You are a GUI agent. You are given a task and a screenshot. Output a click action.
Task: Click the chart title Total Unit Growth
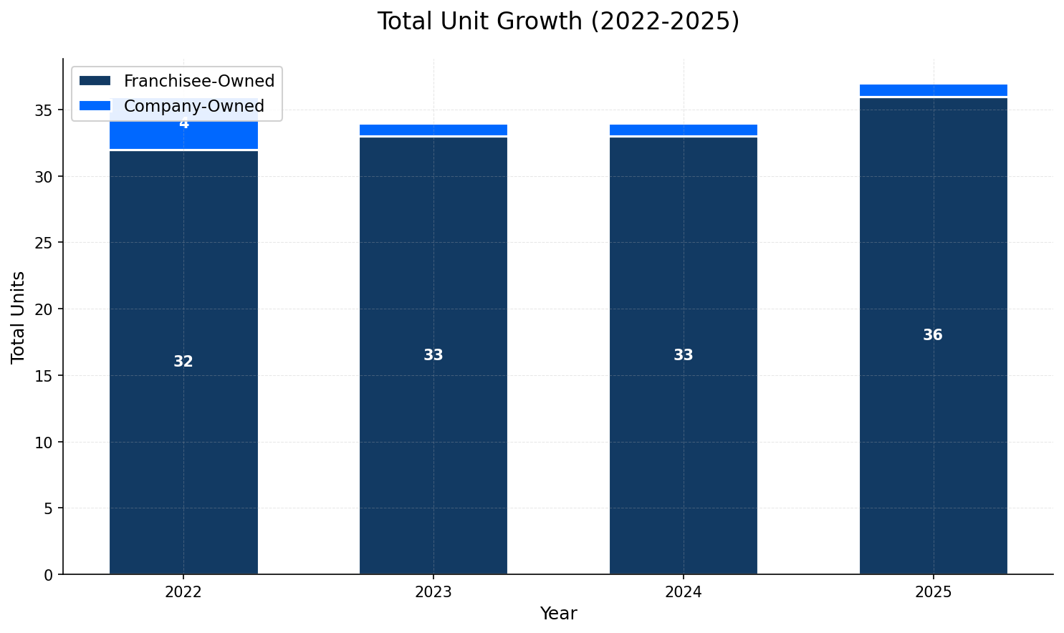(x=558, y=21)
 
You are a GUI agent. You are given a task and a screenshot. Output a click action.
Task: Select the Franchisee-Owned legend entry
(x=198, y=82)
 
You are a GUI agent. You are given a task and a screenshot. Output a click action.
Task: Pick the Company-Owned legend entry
(x=193, y=107)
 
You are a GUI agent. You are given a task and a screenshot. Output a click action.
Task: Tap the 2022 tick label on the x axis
(x=183, y=593)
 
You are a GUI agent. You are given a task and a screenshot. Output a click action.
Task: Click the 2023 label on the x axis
(x=433, y=593)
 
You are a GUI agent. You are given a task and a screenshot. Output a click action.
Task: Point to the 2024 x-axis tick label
(x=683, y=593)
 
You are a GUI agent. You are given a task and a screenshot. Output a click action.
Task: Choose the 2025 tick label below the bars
(x=933, y=593)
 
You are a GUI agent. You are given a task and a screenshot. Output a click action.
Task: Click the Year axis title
(x=558, y=614)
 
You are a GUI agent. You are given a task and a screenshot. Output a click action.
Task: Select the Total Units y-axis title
(x=19, y=316)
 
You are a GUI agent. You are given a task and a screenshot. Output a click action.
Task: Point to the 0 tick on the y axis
(x=48, y=575)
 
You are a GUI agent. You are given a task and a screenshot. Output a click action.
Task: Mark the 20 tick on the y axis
(x=44, y=309)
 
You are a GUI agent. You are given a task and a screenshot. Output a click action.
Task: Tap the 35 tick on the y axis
(x=44, y=110)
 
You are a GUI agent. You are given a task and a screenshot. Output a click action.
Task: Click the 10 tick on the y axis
(x=44, y=443)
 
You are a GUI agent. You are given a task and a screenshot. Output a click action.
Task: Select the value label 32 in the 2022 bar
(x=183, y=362)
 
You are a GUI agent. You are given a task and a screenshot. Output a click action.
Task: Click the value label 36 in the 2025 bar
(x=933, y=336)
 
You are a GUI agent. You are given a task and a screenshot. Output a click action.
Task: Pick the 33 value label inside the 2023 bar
(x=433, y=356)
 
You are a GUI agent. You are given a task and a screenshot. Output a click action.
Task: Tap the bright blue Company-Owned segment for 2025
(x=933, y=90)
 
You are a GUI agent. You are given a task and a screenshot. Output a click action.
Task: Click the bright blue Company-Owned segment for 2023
(x=433, y=130)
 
